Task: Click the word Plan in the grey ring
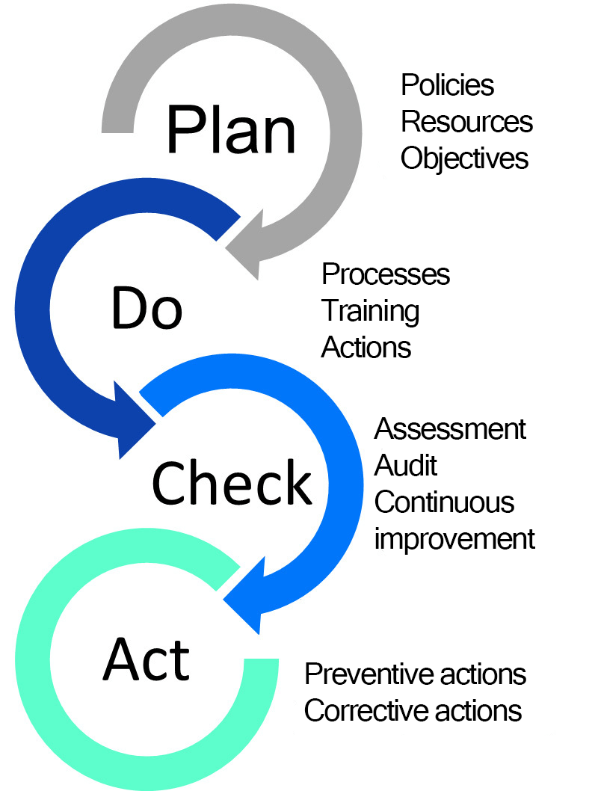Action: click(x=231, y=129)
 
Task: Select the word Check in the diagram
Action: click(x=232, y=481)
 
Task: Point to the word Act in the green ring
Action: click(x=147, y=659)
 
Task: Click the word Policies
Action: click(x=447, y=85)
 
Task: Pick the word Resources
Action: click(x=466, y=121)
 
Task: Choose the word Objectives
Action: click(x=464, y=158)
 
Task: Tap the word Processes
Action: click(x=386, y=274)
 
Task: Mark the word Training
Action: click(x=370, y=311)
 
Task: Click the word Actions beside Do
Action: click(x=366, y=348)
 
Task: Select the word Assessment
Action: click(x=450, y=429)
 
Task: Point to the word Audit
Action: click(x=405, y=465)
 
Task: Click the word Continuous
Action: click(x=444, y=502)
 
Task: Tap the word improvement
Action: click(x=454, y=538)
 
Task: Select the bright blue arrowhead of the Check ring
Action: click(x=250, y=598)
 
